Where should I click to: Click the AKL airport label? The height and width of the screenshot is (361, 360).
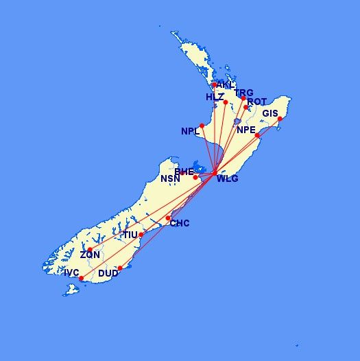[224, 85]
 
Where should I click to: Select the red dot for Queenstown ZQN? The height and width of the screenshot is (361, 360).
[90, 249]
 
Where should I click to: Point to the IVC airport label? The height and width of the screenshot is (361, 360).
[71, 272]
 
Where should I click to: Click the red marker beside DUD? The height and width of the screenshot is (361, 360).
[120, 268]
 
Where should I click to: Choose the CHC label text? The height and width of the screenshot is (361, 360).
[180, 224]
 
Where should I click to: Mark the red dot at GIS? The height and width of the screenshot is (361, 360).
[280, 120]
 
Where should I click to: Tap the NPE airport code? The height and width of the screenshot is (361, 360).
[245, 130]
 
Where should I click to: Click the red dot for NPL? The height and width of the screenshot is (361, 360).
[202, 126]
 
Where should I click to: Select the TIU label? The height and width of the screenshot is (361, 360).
[130, 235]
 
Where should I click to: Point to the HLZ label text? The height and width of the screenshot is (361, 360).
[215, 97]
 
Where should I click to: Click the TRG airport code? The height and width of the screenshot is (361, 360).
[244, 93]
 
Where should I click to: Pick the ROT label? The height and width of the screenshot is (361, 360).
[257, 102]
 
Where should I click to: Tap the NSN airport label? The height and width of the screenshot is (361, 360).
[170, 179]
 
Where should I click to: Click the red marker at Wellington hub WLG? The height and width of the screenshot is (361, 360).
[215, 172]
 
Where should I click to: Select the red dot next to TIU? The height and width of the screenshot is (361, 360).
[141, 235]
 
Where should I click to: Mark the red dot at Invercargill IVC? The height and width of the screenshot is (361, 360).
[81, 279]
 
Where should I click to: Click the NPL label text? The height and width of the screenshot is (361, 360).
[190, 131]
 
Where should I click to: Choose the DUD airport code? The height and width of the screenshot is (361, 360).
[108, 273]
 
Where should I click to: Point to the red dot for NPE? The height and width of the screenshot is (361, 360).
[257, 135]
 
